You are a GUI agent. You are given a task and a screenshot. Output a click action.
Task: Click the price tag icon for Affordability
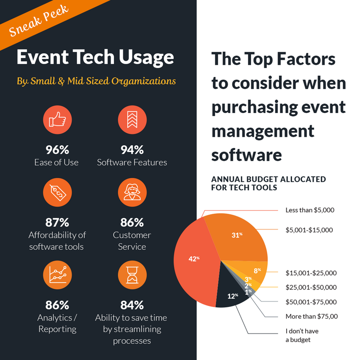click(x=56, y=192)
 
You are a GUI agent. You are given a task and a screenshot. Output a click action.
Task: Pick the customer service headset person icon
click(x=132, y=192)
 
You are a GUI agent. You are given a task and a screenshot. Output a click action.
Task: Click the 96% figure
click(x=56, y=150)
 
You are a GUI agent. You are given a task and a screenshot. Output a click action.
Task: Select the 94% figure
click(x=132, y=150)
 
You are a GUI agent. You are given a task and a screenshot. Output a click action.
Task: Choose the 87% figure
click(x=56, y=222)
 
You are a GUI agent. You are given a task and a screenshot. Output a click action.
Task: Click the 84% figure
click(x=132, y=305)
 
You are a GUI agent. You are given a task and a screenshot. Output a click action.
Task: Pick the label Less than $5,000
click(x=310, y=210)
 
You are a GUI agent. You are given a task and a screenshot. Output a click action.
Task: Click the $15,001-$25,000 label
click(x=311, y=273)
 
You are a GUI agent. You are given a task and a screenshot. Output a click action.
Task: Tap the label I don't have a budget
click(x=302, y=335)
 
